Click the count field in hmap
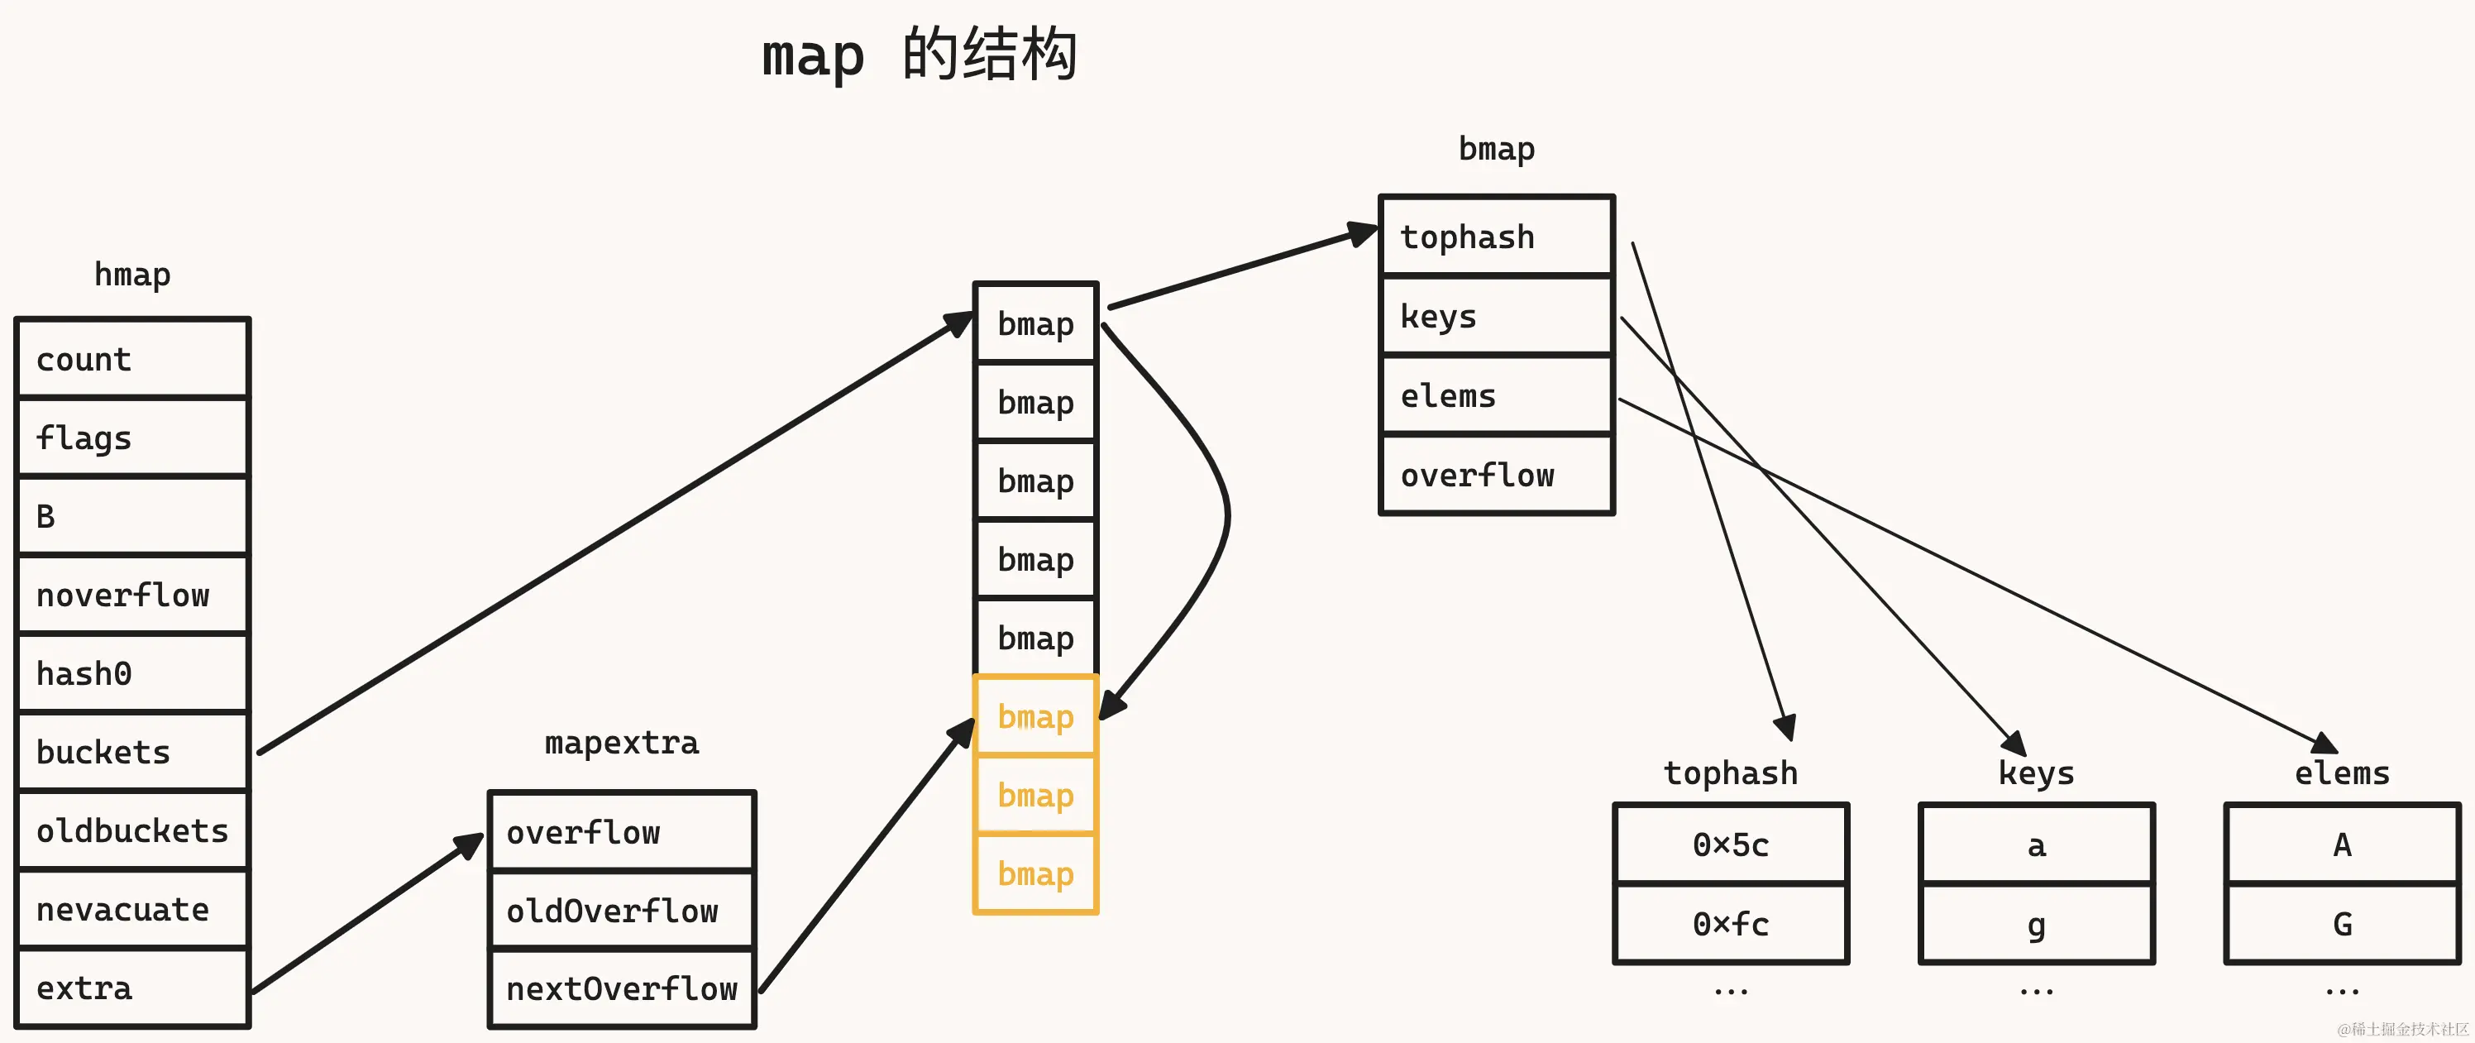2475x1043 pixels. (132, 359)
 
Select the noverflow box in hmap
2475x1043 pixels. (132, 594)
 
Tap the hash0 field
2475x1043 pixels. (132, 673)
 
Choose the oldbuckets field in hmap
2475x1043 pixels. (132, 830)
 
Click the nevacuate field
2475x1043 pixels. (132, 908)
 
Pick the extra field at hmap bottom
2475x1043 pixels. (132, 988)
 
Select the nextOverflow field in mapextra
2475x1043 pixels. (622, 988)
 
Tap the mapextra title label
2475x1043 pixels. (622, 742)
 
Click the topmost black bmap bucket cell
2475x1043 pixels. (1034, 323)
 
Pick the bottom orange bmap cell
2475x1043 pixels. (1034, 873)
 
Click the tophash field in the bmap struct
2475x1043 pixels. (1496, 237)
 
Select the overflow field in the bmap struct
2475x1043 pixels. (1496, 474)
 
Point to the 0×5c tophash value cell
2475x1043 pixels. (1731, 844)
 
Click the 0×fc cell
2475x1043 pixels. (1731, 923)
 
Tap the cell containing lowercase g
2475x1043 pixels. (2036, 923)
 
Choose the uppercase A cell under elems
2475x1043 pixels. (2341, 844)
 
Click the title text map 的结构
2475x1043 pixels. (920, 55)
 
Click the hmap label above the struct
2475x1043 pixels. (132, 274)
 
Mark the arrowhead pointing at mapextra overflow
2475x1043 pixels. (469, 845)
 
